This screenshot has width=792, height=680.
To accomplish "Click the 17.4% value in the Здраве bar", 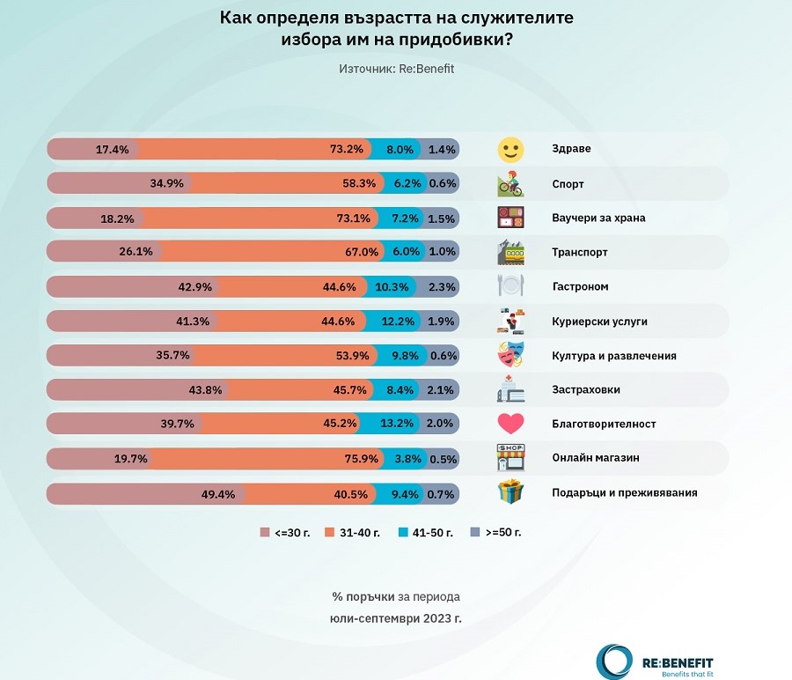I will pos(112,150).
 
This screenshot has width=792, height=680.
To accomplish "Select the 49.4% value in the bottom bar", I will pos(218,493).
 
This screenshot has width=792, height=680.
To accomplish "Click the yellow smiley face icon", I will pos(510,150).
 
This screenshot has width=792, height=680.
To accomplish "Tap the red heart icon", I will pos(510,424).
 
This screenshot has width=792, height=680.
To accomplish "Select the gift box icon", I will pos(510,492).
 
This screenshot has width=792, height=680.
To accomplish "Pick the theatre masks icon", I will pos(510,355).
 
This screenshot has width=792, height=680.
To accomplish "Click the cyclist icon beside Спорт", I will pos(510,184).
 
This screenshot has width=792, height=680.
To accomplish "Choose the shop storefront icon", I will pos(510,458).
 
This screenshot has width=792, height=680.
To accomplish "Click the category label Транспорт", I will pos(580,253).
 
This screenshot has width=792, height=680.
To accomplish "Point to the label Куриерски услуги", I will pos(599,322).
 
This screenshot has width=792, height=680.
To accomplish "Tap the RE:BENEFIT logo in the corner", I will pos(656,662).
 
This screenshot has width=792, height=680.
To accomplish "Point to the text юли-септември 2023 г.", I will pos(396,618).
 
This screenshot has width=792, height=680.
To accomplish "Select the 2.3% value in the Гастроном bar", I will pos(441,287).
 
